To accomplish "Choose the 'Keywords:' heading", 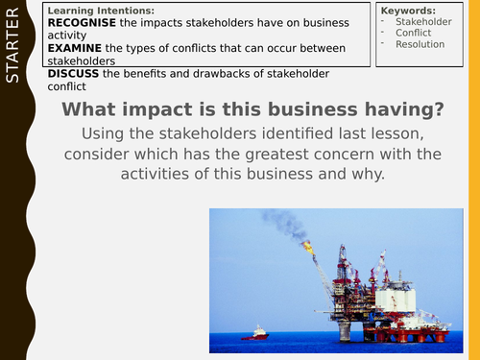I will click(408, 10).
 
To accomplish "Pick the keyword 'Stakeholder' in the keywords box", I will click(423, 21).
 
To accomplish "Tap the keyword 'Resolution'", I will click(420, 44).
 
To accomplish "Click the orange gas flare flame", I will click(307, 247).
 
